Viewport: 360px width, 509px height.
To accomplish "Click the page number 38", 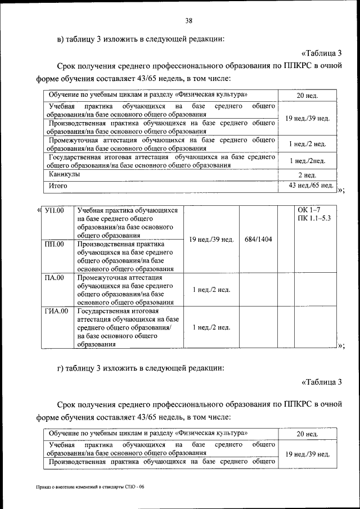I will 189,21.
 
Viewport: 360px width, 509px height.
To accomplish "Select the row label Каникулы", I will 64,174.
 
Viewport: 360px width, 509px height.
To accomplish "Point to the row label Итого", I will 58,185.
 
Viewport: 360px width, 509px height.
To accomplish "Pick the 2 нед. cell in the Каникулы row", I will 307,175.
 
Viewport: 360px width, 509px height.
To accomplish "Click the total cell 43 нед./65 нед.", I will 310,186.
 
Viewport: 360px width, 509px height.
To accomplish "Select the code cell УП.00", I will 54,211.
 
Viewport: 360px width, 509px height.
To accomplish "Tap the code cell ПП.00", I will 54,244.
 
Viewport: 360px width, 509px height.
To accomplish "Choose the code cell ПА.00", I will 54,277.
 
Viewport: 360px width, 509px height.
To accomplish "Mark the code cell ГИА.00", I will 56,310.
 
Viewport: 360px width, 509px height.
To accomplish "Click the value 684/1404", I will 258,240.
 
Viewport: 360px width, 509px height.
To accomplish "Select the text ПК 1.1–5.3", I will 314,219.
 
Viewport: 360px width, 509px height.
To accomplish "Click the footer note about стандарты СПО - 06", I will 88,487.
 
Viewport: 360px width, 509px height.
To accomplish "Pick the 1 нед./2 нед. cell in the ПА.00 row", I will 211,290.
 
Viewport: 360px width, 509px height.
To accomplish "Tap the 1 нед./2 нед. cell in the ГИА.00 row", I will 211,327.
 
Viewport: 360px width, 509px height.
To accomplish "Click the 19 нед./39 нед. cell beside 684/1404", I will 211,240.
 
